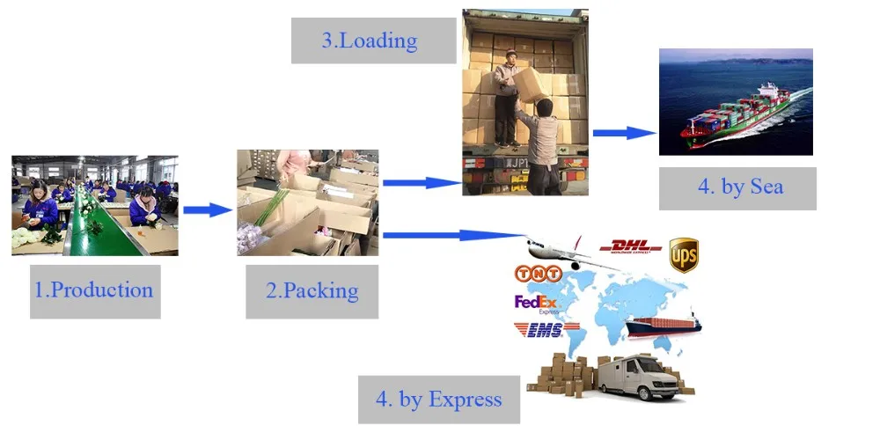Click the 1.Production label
93,290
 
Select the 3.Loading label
368,40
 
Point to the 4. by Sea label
737,187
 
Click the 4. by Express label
438,400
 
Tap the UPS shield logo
684,254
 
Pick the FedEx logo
537,304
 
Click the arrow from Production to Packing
208,210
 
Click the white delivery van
643,378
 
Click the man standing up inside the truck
506,97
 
